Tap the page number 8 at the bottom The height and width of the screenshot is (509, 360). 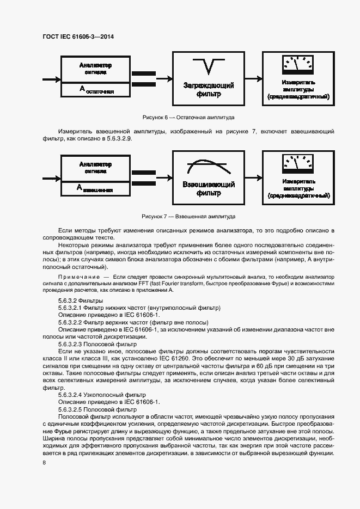point(44,462)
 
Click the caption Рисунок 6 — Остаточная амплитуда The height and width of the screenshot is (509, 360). point(188,117)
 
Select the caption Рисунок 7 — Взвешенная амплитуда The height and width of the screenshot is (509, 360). point(188,216)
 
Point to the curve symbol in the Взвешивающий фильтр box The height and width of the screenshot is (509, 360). point(208,164)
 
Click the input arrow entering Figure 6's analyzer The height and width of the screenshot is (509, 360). point(51,79)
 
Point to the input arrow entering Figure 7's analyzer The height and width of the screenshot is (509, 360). point(51,177)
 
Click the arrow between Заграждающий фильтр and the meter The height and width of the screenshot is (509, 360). point(253,79)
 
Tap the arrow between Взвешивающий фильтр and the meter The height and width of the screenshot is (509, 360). point(253,177)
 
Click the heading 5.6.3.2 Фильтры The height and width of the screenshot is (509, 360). point(81,301)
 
